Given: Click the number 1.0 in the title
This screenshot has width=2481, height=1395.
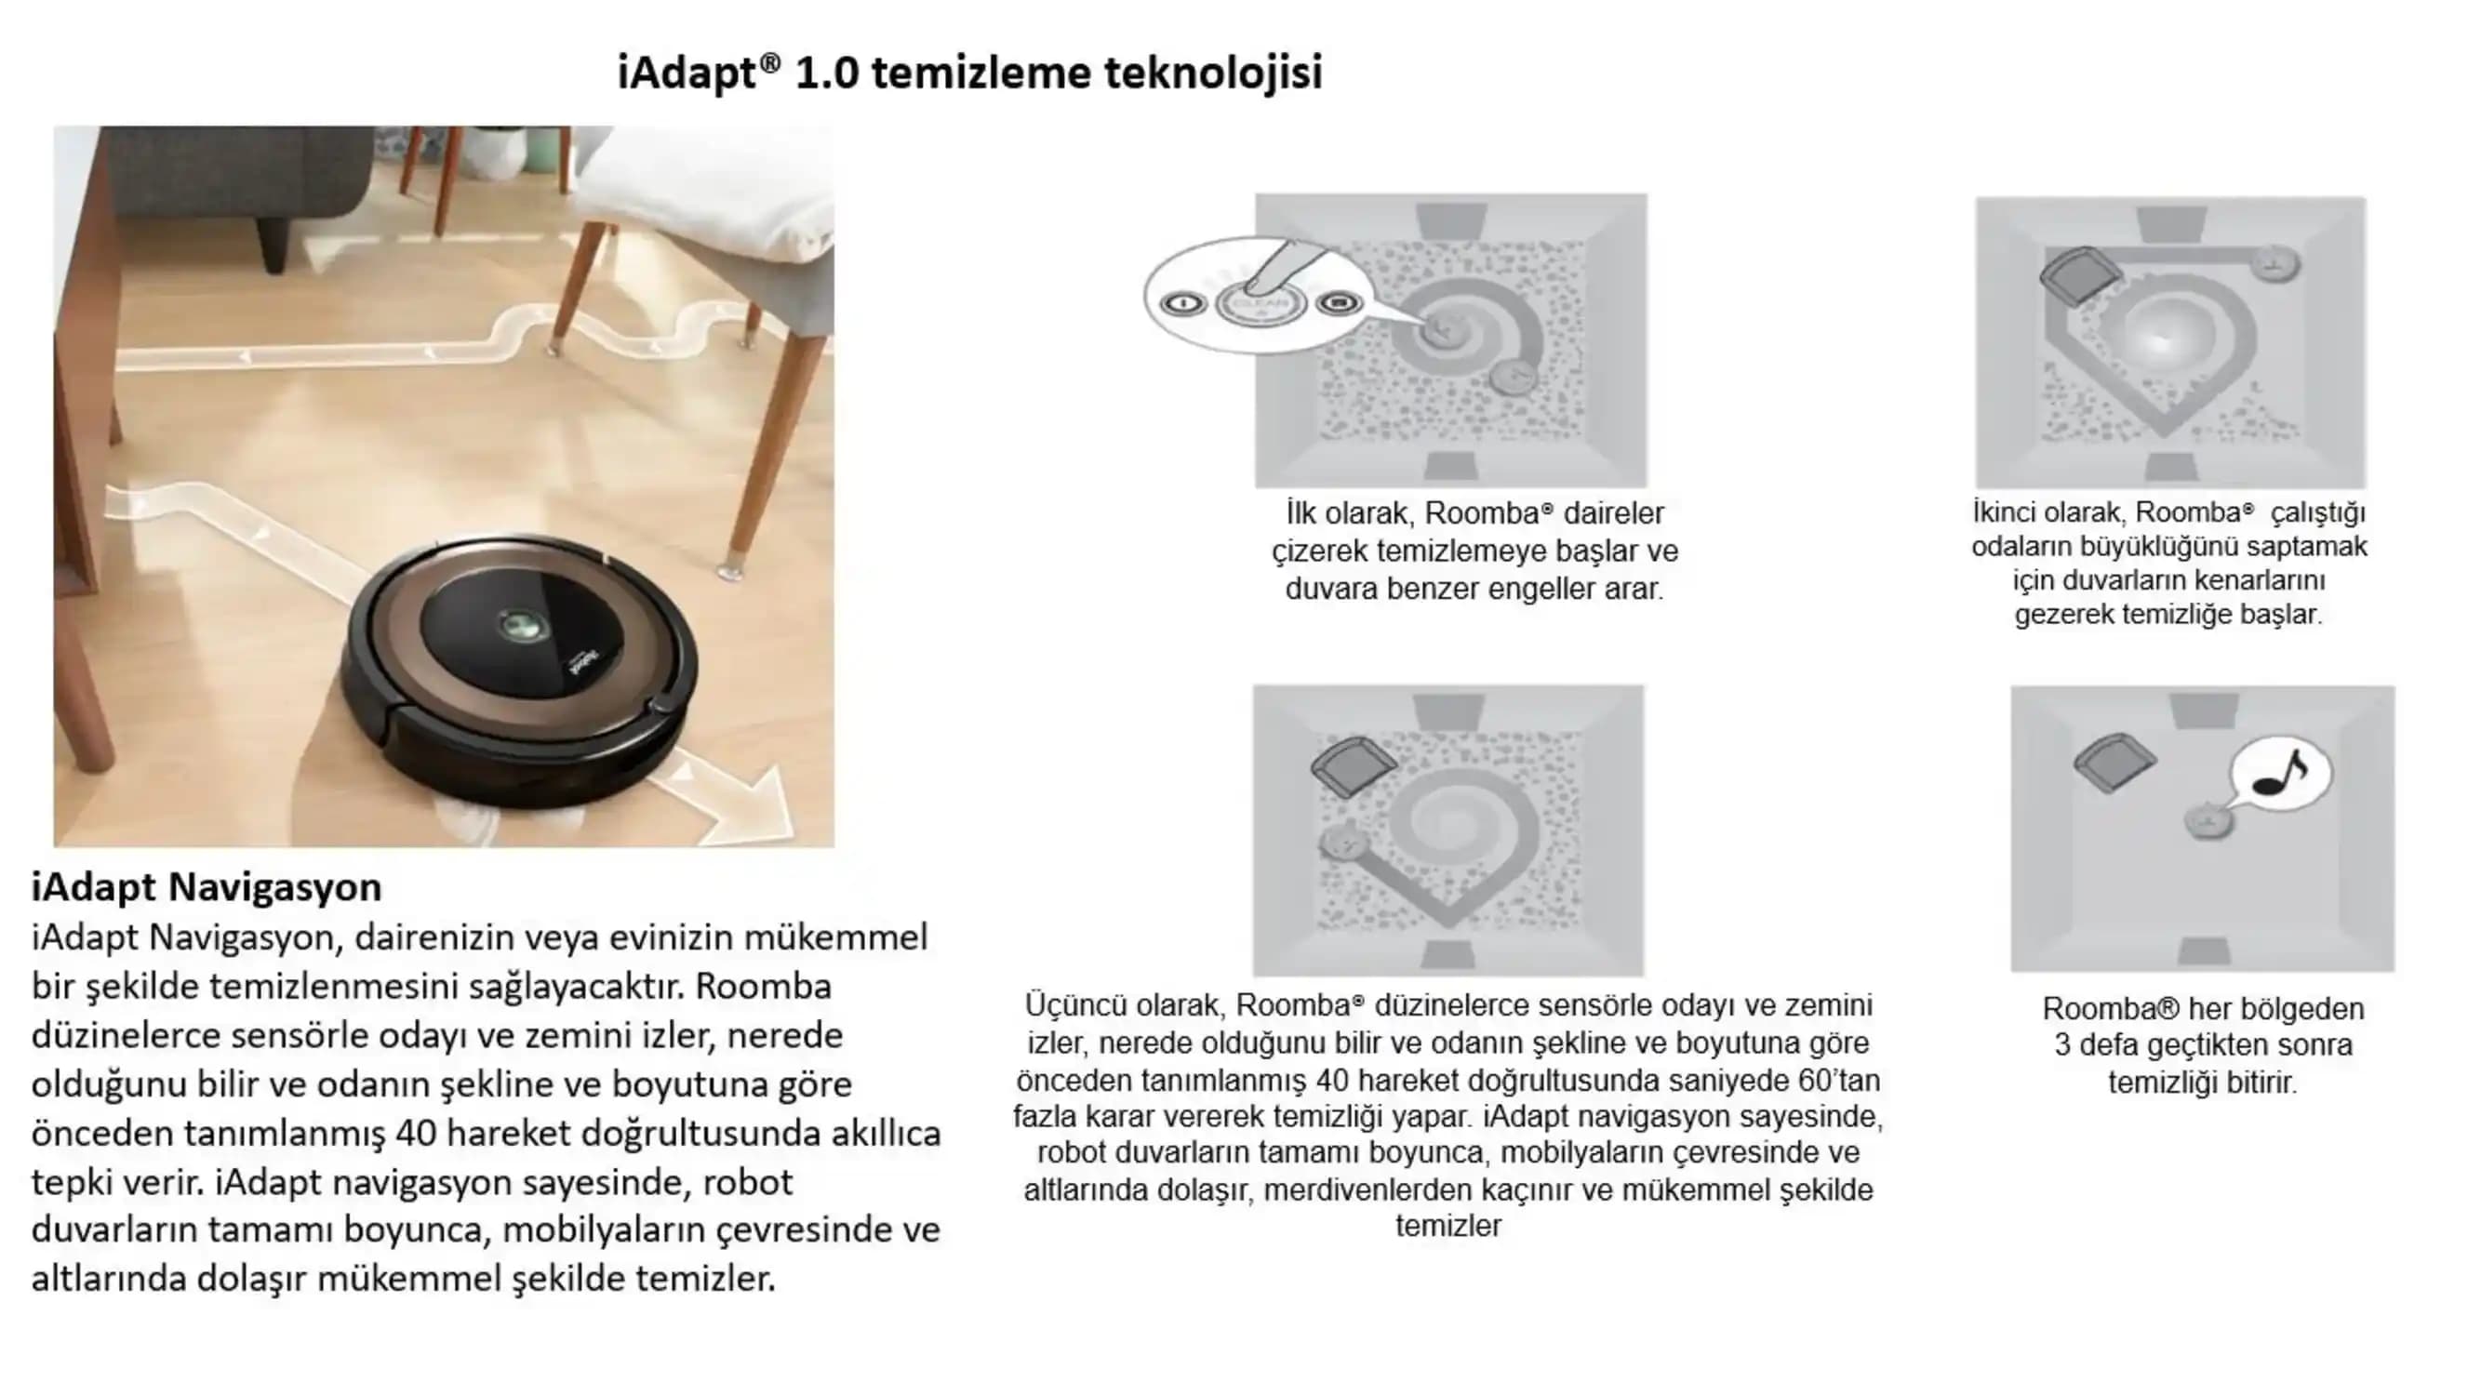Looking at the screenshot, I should tap(826, 74).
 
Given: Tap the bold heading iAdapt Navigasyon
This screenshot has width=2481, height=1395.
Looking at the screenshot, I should tap(207, 886).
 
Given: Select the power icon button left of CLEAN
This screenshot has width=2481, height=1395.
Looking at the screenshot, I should tap(1181, 304).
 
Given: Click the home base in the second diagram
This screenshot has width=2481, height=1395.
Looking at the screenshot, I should tap(2078, 274).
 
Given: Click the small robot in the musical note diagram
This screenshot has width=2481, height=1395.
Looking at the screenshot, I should tap(2207, 821).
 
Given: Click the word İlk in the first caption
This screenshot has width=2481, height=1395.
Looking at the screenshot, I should tap(1301, 512).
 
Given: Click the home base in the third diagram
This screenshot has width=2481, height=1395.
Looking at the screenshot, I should tap(1352, 765).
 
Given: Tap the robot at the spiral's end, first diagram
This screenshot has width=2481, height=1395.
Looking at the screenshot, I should tap(1512, 376).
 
